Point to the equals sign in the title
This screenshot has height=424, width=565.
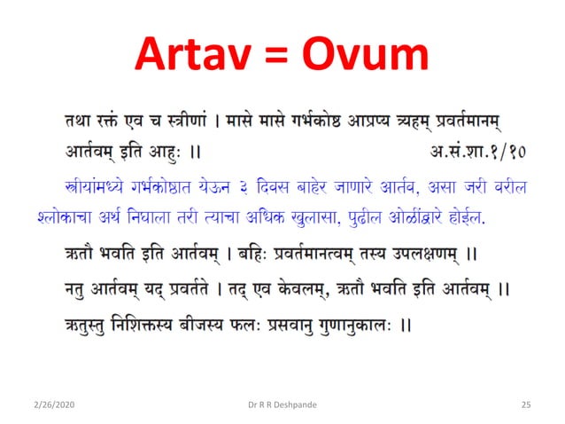pos(278,55)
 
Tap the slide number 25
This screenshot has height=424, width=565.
pos(525,404)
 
